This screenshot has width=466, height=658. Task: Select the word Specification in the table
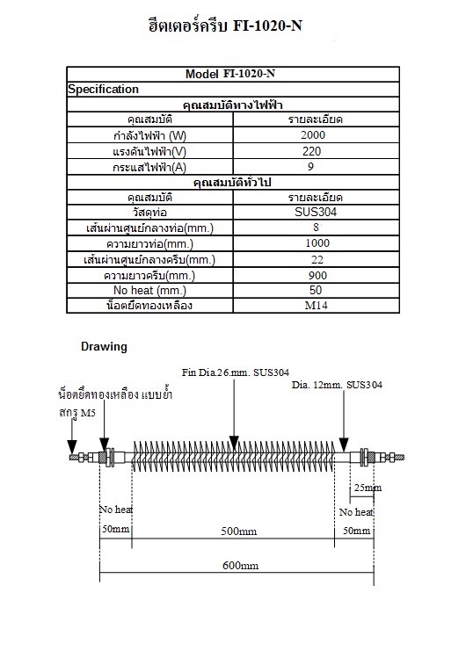[x=104, y=89]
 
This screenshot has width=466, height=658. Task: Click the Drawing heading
[x=104, y=346]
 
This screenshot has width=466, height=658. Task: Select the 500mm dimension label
[x=238, y=531]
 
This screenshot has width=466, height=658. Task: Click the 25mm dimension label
[x=367, y=488]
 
